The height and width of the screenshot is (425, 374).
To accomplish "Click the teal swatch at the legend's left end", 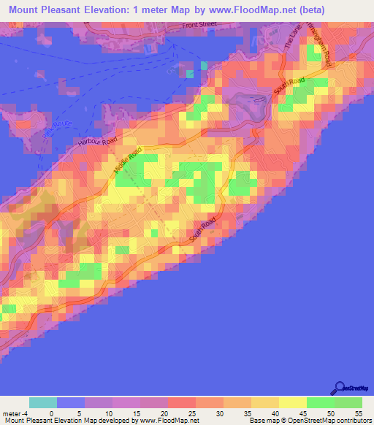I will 42,402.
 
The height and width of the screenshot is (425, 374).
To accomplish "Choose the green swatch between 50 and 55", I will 348,402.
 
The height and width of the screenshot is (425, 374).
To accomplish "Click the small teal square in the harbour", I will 191,73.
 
